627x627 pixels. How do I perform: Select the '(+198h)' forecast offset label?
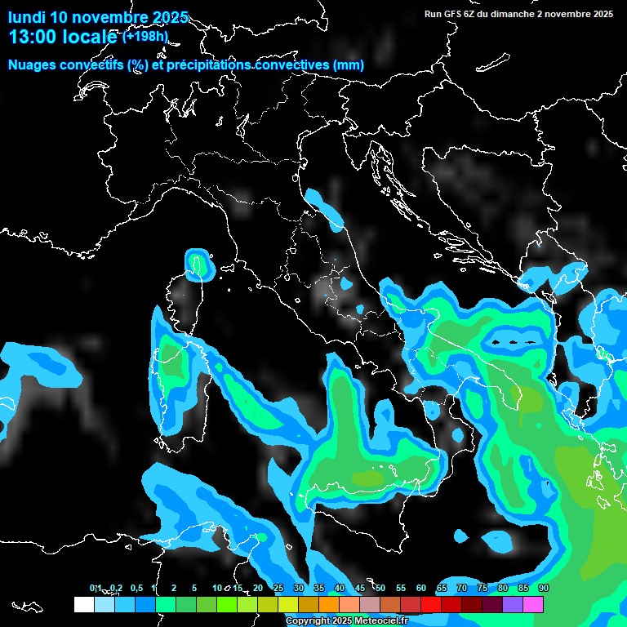145,36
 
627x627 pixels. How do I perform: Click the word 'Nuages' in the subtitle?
32,64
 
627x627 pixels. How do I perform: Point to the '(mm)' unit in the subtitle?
349,64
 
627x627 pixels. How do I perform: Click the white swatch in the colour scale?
84,605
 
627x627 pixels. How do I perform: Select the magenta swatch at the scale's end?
533,605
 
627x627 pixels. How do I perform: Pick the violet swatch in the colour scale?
513,605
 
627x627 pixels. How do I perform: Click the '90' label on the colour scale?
543,588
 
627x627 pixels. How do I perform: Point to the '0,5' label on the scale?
136,588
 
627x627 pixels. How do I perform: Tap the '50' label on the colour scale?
380,588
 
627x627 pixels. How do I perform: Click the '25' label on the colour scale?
278,588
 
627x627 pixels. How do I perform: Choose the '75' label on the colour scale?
482,588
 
